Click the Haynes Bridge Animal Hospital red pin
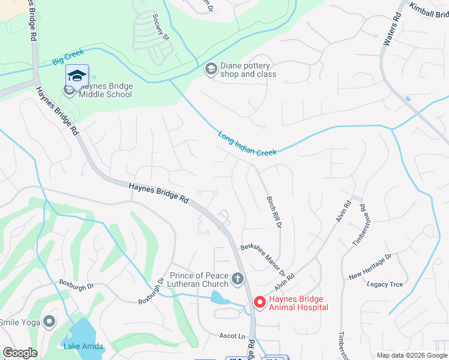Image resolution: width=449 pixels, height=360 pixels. pos(260,302)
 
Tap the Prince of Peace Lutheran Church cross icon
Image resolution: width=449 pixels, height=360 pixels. pos(238,278)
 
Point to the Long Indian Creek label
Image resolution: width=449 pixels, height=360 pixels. pos(247,144)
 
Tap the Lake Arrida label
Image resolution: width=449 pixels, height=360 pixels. pos(83,346)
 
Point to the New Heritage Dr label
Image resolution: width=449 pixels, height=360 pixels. pos(370,266)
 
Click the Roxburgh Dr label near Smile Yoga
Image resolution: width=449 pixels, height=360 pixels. pos(76,284)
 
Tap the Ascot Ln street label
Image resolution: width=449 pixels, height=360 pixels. pos(233,336)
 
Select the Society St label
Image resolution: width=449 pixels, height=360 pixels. pos(160,27)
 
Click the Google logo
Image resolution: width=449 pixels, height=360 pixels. pos(20,353)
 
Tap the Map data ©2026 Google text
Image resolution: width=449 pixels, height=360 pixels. pos(411,355)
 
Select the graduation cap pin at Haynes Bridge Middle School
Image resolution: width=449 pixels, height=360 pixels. pos(77,76)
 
